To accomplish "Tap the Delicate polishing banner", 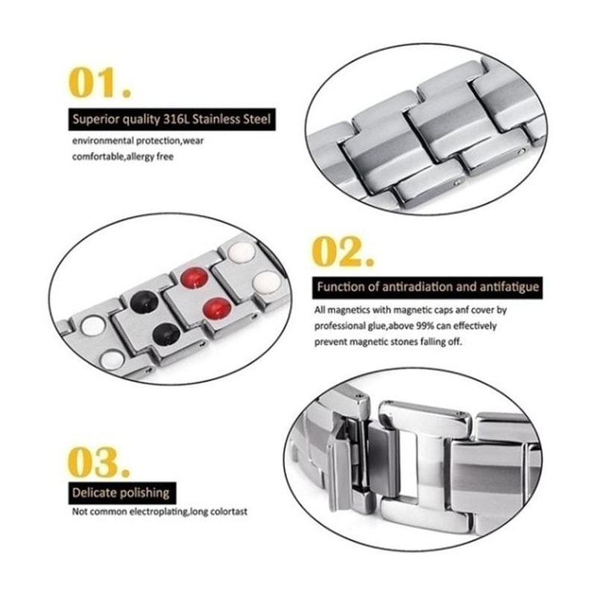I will pyautogui.click(x=121, y=493).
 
